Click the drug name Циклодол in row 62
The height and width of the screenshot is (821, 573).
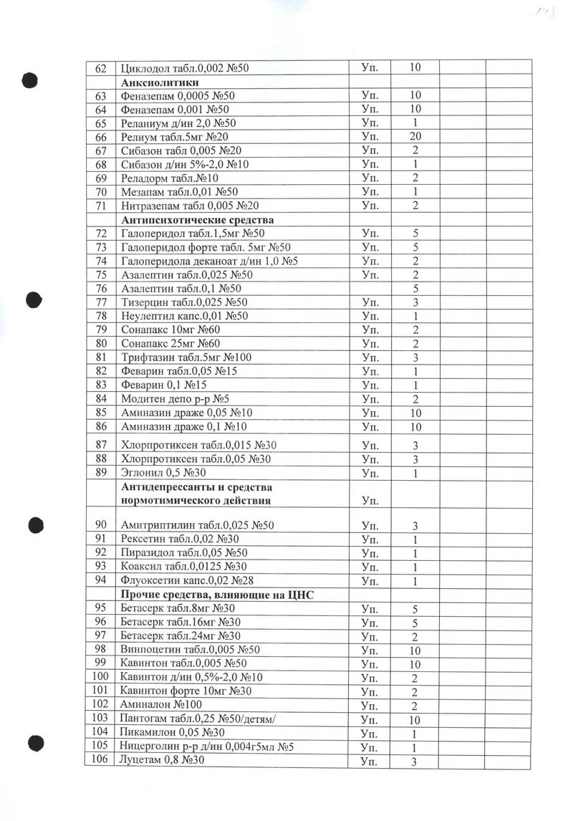146,68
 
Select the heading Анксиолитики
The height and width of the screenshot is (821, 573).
160,82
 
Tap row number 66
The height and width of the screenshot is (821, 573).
100,137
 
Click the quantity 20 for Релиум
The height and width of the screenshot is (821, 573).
414,137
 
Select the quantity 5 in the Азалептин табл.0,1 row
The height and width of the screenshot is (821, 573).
414,288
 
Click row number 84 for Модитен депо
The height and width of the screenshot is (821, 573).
100,398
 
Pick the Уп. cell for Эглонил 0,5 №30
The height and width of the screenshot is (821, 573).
370,473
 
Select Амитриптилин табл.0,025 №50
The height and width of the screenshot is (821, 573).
198,525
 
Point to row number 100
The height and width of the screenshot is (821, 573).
100,677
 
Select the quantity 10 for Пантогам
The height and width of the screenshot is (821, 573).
414,719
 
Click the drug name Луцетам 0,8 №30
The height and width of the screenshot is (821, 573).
164,761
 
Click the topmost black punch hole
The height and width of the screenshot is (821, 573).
29,80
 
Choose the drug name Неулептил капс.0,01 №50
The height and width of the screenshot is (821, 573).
185,316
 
